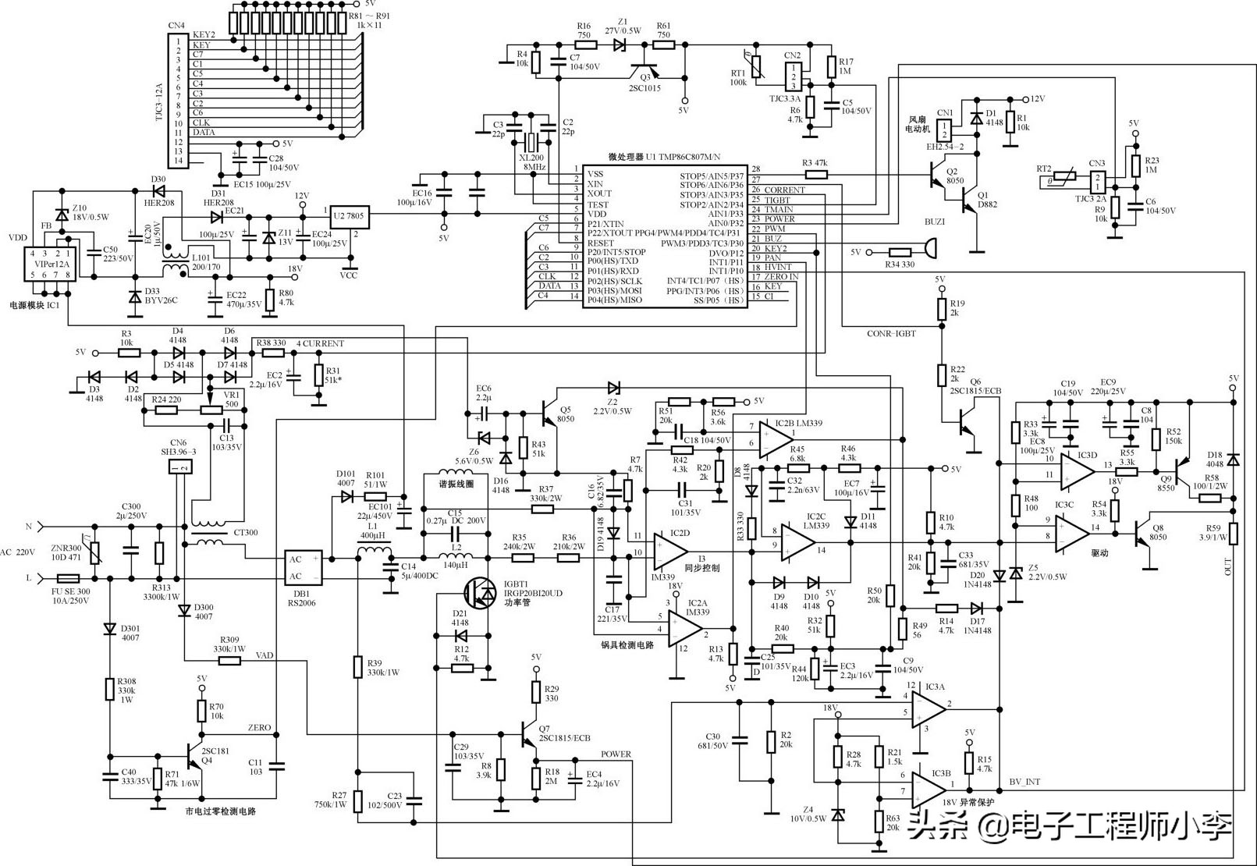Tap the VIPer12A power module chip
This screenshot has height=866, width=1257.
tap(49, 264)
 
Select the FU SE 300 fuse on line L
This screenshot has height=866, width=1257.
tap(73, 579)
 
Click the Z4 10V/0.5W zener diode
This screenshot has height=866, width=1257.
tap(838, 815)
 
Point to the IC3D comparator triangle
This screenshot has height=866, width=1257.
tap(1076, 468)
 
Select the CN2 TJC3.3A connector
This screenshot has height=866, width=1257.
tap(794, 76)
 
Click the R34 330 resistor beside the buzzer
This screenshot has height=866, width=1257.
tap(900, 252)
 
